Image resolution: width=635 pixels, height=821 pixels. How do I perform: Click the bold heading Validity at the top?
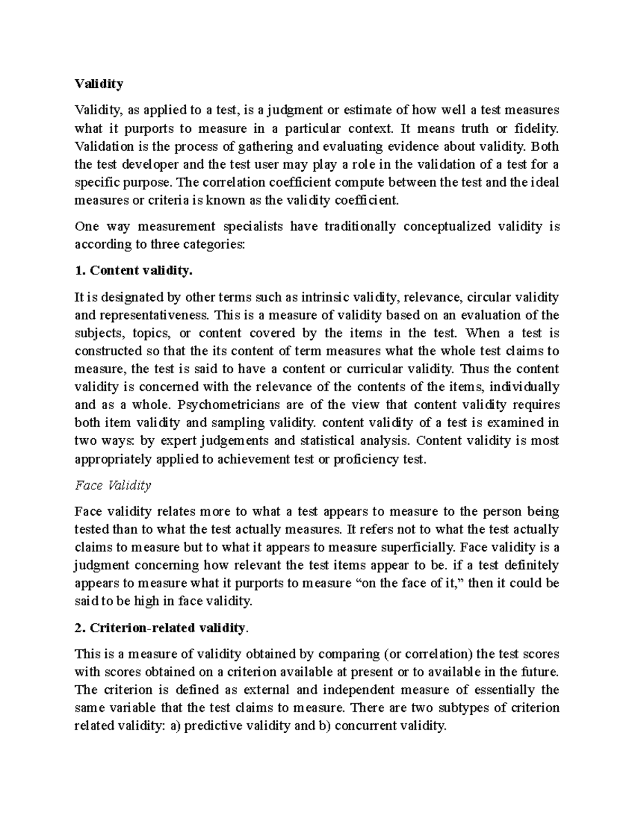click(x=99, y=84)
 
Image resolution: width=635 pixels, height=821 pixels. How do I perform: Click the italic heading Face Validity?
click(x=113, y=485)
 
